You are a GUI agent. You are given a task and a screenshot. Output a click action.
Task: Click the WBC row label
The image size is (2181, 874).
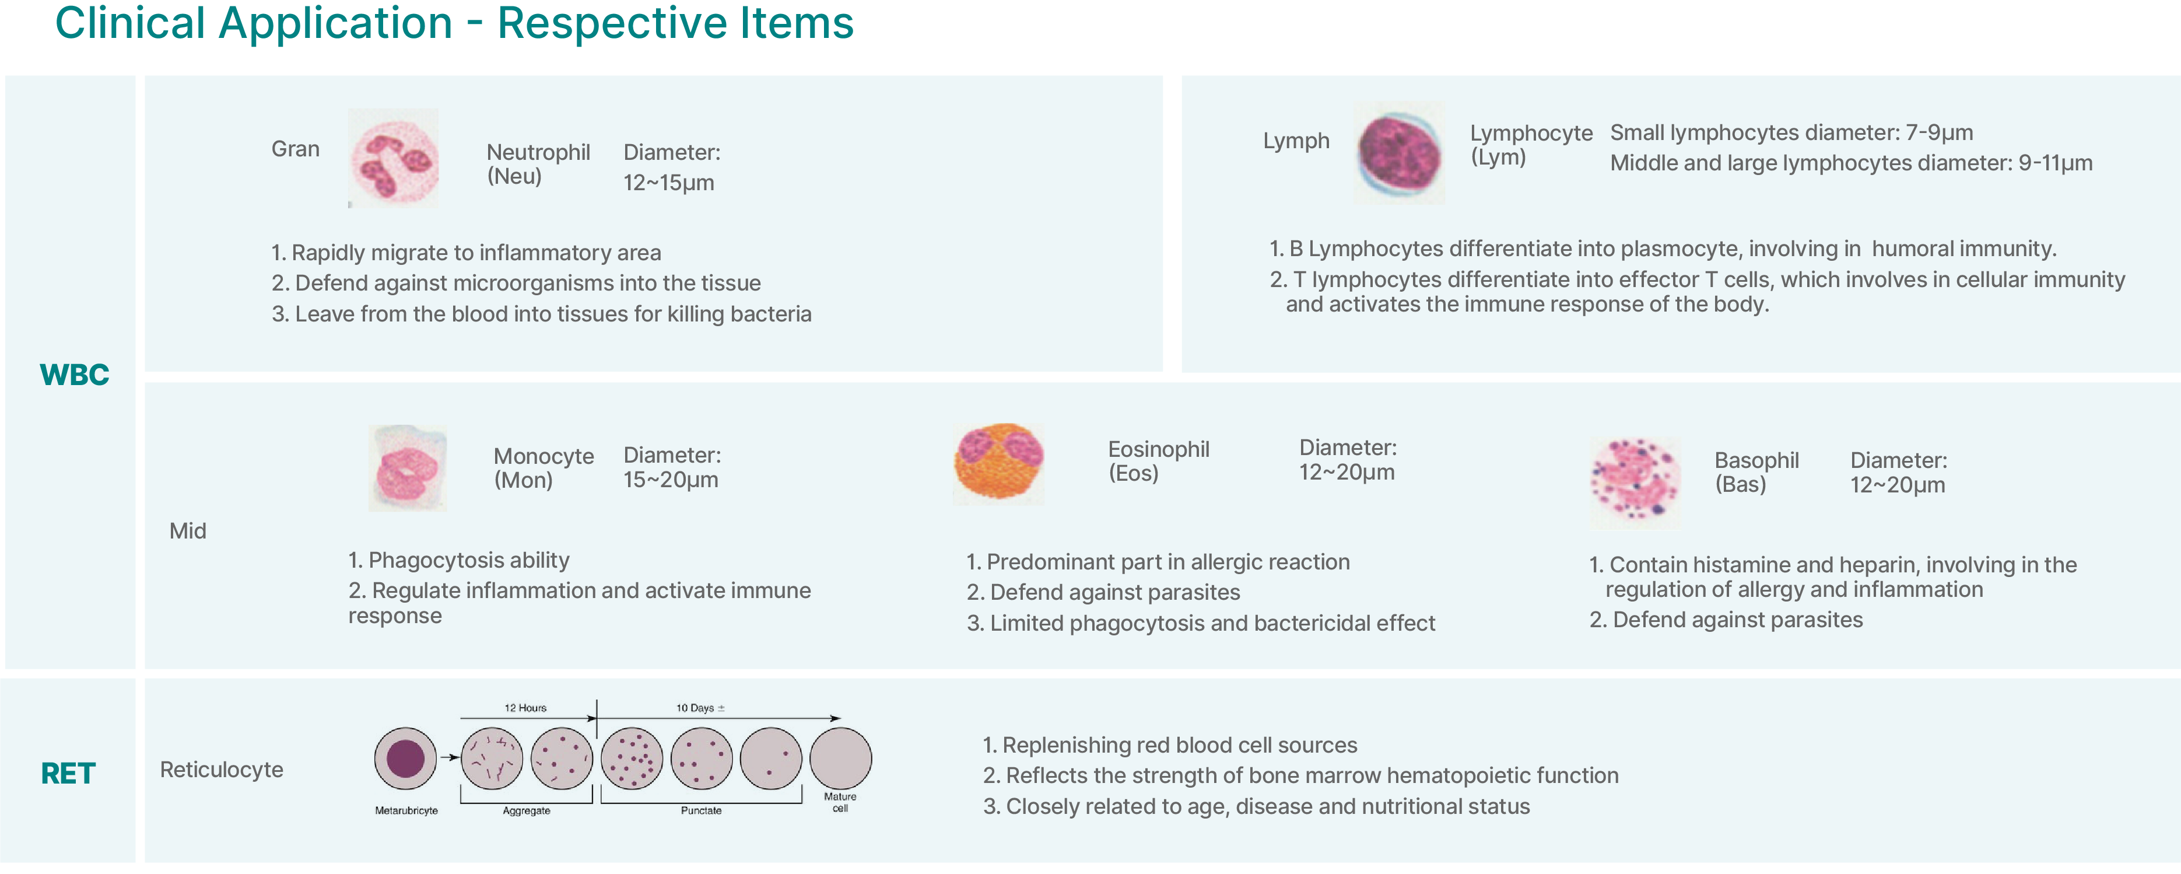(75, 375)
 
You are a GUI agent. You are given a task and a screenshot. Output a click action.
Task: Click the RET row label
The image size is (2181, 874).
(68, 773)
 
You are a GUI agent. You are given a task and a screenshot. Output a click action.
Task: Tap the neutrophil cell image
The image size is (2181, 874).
(394, 158)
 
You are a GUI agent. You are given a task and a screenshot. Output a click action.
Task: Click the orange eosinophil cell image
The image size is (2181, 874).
(999, 463)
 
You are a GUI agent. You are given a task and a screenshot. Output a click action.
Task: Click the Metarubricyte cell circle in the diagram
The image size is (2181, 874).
(405, 758)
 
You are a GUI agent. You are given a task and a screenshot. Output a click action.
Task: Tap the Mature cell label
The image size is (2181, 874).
(840, 802)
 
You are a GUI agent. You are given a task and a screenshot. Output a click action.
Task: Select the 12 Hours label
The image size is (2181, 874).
(526, 708)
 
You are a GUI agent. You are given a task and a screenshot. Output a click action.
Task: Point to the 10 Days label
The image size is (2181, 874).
(699, 708)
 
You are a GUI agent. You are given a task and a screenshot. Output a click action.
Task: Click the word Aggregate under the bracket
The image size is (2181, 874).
(527, 810)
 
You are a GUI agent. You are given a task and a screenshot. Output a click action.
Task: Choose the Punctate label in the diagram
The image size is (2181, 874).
(701, 810)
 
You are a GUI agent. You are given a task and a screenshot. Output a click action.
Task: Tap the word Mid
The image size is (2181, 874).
(188, 531)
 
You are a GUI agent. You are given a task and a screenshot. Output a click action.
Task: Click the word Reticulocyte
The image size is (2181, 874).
(222, 770)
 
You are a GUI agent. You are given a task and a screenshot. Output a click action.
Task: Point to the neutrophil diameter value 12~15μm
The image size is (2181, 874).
(669, 183)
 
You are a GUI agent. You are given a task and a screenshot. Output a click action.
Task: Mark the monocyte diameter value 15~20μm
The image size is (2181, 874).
(671, 480)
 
